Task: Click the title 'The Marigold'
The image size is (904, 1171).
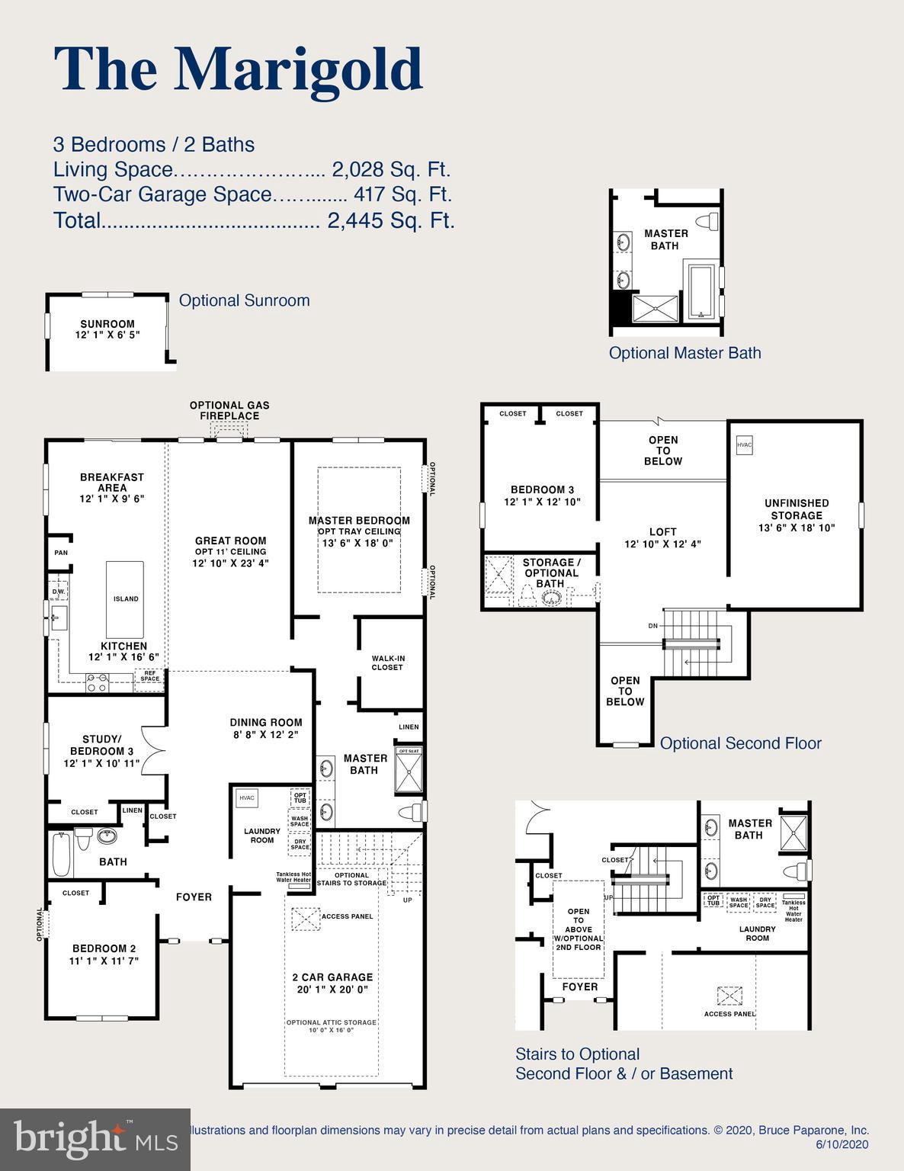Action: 238,69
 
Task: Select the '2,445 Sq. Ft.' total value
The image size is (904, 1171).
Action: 390,220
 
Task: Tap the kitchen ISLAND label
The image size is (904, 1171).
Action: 126,598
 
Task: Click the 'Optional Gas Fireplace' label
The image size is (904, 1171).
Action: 229,410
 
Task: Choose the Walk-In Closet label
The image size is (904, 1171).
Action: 387,662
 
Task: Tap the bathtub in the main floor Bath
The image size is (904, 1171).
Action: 61,854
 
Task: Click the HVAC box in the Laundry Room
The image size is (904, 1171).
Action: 247,797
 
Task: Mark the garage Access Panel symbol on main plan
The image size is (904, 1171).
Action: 305,918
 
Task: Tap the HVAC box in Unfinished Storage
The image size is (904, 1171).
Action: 744,445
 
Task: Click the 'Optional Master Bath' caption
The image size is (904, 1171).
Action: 684,353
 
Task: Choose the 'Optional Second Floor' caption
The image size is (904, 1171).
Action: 740,743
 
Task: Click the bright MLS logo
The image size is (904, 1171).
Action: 95,1139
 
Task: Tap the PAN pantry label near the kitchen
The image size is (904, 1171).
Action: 60,553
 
